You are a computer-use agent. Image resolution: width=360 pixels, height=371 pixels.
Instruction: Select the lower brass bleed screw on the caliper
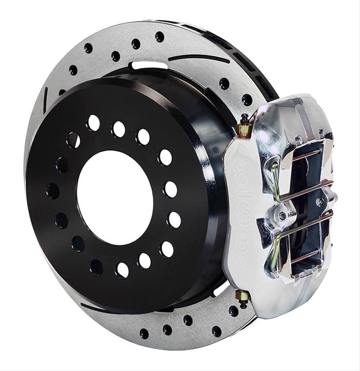[242, 296]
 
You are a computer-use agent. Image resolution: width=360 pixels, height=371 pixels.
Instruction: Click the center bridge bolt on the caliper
[282, 213]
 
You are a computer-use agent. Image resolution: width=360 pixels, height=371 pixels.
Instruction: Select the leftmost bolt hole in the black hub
[52, 191]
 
